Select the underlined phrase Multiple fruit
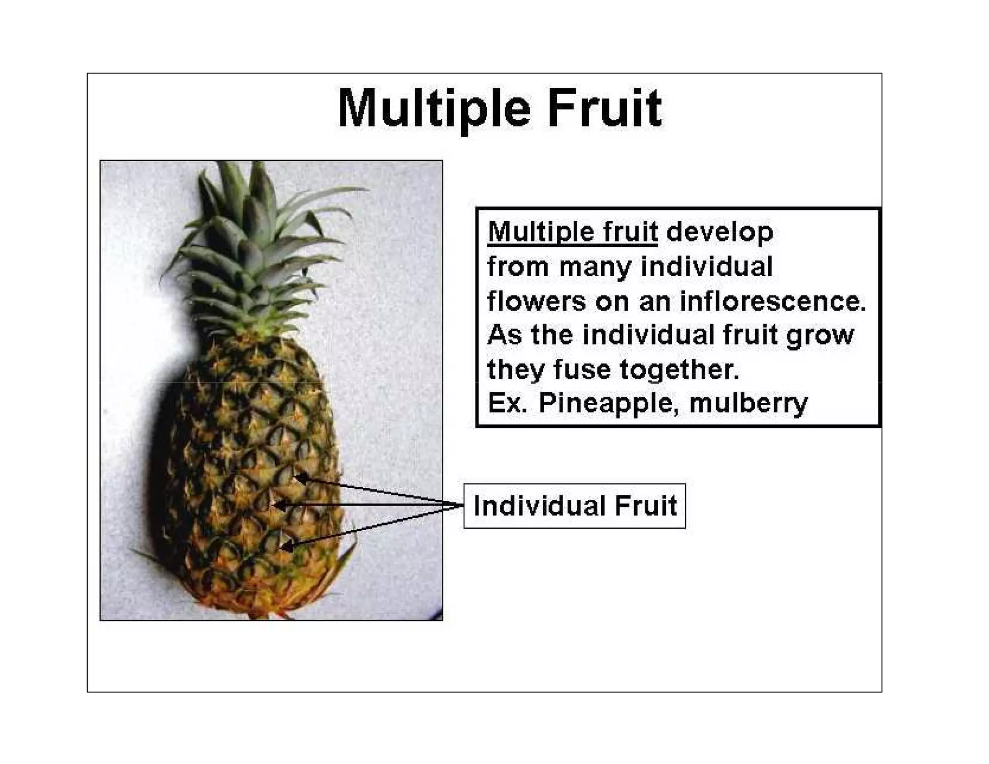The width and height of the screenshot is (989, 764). [572, 232]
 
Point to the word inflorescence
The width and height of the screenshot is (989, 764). [773, 301]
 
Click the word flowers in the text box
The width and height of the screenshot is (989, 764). [536, 301]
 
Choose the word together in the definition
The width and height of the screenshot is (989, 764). [679, 369]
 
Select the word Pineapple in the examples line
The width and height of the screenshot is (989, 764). [606, 403]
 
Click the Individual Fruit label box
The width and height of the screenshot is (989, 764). [574, 506]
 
